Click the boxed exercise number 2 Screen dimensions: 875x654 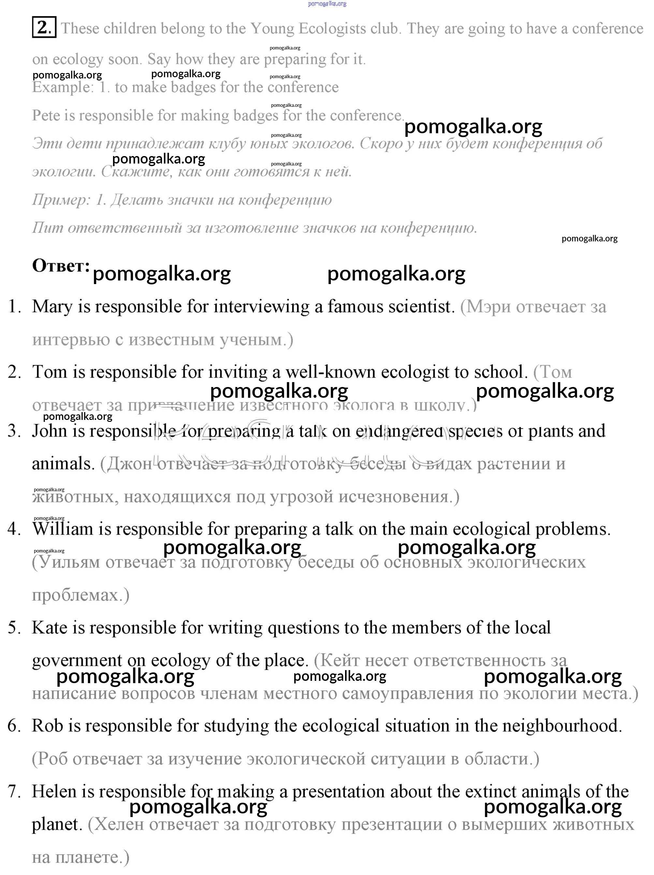pos(44,28)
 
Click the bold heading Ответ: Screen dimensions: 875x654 pos(61,266)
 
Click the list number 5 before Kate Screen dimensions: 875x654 pos(13,628)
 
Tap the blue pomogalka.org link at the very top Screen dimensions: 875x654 pos(327,4)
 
